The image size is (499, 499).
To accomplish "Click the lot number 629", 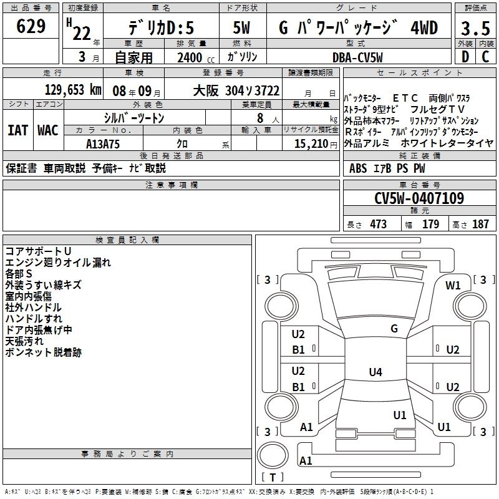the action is click(31, 27).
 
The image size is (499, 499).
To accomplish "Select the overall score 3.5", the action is click(475, 29).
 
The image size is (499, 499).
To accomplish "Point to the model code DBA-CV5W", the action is click(358, 57).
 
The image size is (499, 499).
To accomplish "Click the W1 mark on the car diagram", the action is click(453, 286).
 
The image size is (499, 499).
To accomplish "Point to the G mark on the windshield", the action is click(394, 329).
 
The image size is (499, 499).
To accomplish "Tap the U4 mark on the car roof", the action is click(375, 372).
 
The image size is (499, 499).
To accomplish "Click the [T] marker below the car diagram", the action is click(272, 478).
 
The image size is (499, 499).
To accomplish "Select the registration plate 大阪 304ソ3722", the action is click(236, 90).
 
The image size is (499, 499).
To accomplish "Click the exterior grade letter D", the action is click(465, 57).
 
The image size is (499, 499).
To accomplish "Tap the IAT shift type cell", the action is click(17, 130).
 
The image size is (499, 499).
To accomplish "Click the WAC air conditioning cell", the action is click(47, 130).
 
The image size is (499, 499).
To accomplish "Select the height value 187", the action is click(480, 225).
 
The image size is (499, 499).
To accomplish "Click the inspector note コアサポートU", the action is click(38, 251).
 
